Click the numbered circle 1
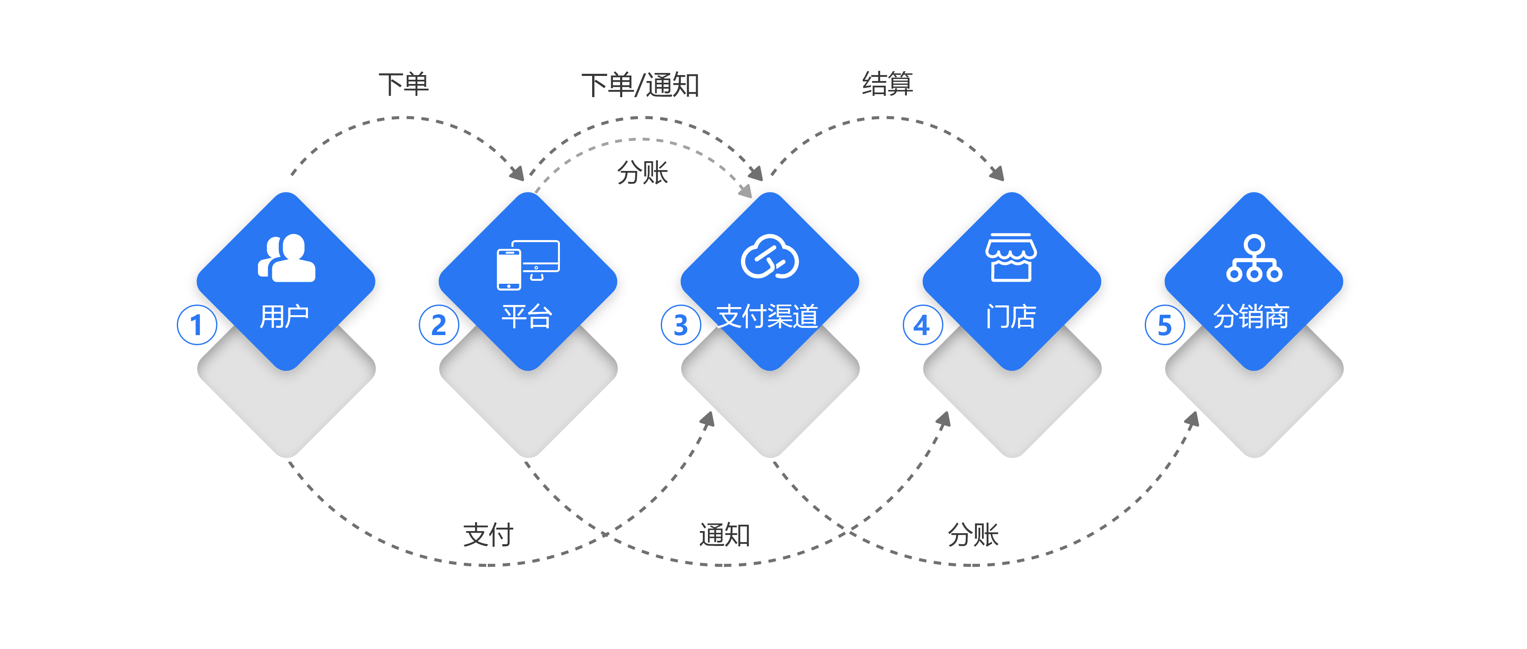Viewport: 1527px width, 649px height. tap(197, 325)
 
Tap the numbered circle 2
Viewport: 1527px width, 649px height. tap(439, 325)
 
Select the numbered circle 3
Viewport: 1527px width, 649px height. tap(680, 325)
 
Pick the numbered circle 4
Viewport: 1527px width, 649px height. tap(923, 325)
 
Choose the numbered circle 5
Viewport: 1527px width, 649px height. tap(1164, 325)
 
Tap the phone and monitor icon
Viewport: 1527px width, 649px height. tap(528, 264)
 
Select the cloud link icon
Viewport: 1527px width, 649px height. tap(769, 257)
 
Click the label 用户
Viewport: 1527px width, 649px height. tap(285, 316)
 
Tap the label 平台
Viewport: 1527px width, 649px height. tap(526, 316)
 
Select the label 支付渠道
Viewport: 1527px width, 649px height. tap(768, 316)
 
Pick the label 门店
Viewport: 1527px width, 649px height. tap(1011, 316)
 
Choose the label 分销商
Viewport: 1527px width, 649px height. tap(1251, 316)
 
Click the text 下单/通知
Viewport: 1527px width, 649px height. tap(643, 85)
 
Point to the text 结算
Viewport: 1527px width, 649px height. tap(887, 83)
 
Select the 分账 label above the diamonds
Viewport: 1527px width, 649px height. tap(643, 173)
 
